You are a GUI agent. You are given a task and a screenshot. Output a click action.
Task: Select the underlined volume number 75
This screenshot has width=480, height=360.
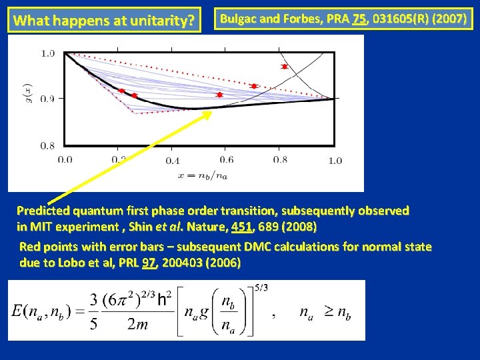359,19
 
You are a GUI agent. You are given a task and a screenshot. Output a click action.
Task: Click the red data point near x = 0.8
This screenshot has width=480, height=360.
285,67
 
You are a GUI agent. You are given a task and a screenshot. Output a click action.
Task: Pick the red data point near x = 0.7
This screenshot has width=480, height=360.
254,86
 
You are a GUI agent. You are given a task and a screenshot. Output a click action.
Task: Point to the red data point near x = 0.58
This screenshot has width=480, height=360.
219,95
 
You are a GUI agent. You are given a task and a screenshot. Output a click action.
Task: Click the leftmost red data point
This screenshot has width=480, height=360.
121,91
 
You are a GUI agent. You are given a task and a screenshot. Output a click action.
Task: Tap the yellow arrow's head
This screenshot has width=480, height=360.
208,113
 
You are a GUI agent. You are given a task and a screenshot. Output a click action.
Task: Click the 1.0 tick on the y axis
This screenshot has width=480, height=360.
47,53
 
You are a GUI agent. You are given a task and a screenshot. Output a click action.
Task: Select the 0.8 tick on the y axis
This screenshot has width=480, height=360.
47,145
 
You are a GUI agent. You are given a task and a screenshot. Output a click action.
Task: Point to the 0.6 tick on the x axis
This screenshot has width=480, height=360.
226,160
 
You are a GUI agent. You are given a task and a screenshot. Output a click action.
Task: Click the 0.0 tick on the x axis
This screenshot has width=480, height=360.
65,160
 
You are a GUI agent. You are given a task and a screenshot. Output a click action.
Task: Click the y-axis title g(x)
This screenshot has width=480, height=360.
27,99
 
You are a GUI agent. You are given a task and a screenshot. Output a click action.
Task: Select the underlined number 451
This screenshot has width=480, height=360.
243,227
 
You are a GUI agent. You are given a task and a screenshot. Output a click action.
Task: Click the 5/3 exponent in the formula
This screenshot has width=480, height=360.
263,287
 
